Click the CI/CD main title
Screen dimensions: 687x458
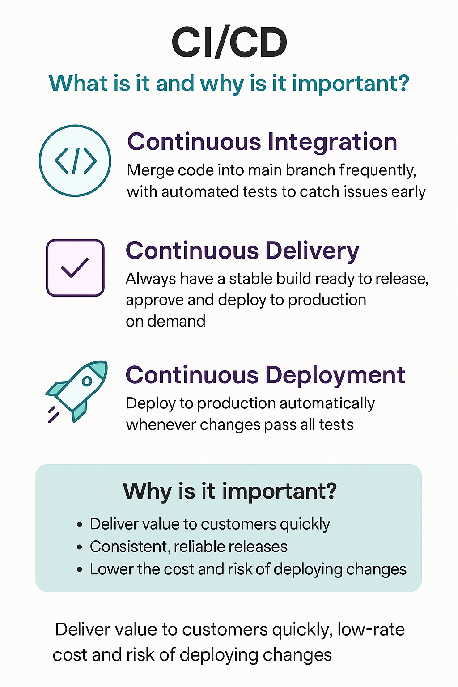click(x=229, y=43)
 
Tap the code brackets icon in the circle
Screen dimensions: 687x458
click(x=75, y=161)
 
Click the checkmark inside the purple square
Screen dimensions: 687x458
click(x=75, y=267)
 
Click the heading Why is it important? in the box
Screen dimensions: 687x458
click(x=229, y=491)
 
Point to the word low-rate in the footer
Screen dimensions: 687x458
click(x=371, y=629)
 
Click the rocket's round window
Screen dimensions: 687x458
click(x=87, y=381)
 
